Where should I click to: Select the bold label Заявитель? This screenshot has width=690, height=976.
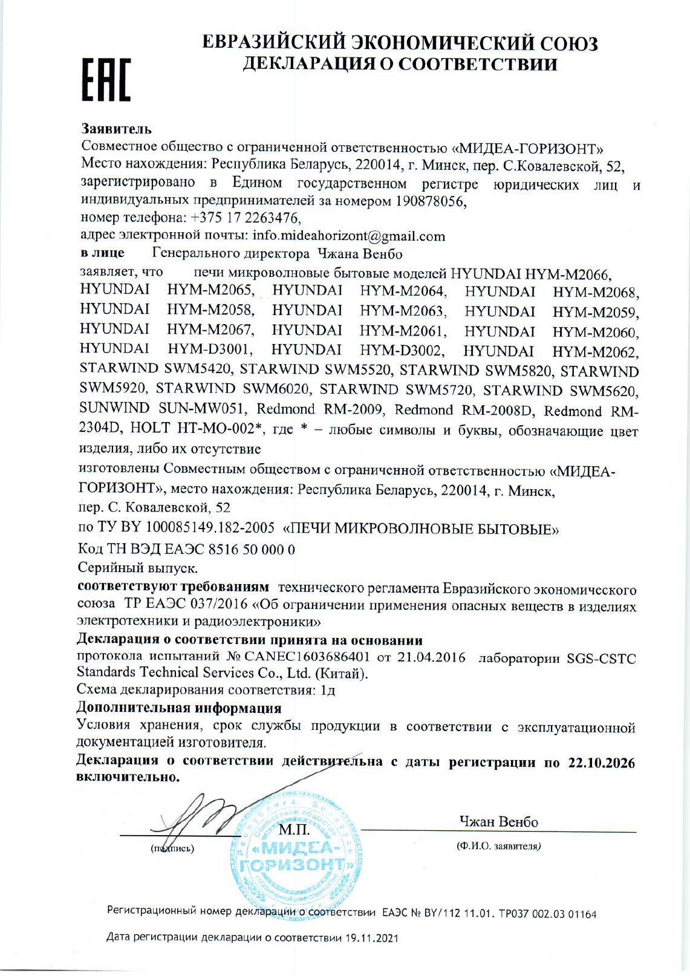point(116,129)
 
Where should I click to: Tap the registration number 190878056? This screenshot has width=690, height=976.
point(430,201)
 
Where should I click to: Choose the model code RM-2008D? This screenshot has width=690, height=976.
point(498,411)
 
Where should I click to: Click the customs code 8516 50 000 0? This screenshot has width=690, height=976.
point(252,549)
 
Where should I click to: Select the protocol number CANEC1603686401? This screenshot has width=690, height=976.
point(307,657)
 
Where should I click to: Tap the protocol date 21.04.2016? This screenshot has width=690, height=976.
point(429,657)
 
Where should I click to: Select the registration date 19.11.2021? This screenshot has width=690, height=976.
point(372,938)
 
